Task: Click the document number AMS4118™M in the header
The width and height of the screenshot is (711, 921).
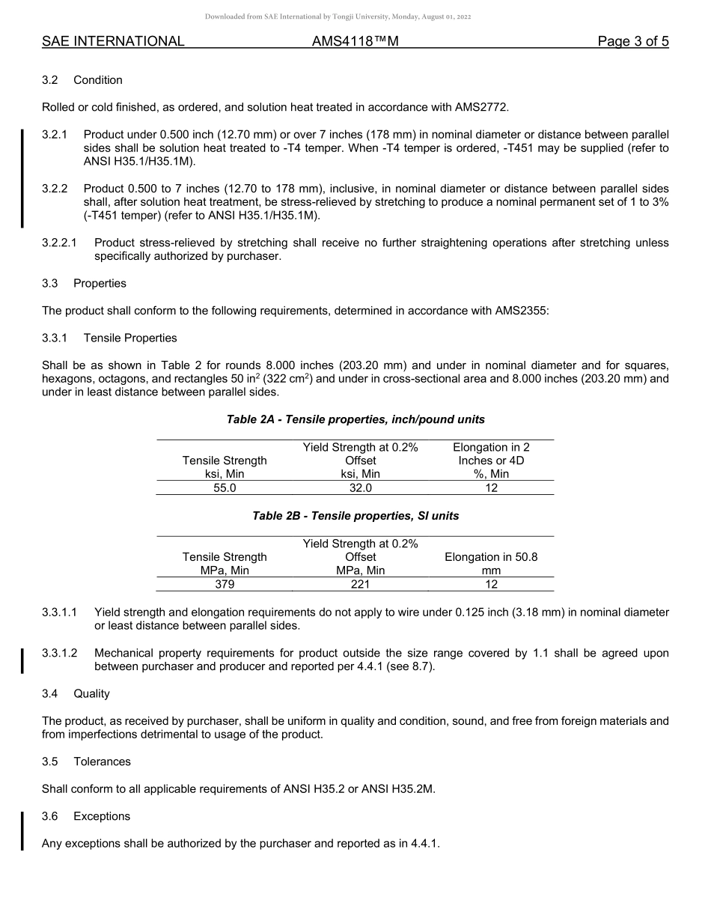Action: click(355, 42)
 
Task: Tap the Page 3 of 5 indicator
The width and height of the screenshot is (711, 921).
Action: click(632, 42)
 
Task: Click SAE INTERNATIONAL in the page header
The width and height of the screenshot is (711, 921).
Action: click(113, 42)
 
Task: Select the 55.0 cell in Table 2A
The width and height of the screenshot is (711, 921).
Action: click(225, 488)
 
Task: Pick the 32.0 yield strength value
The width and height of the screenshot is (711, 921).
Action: click(360, 488)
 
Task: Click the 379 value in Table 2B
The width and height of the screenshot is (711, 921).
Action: click(225, 585)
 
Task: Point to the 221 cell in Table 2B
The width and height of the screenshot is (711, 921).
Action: click(360, 585)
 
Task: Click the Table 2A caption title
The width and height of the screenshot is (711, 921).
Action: click(355, 420)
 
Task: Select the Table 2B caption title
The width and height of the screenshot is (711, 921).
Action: click(355, 517)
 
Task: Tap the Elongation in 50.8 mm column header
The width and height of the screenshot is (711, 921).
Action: click(491, 564)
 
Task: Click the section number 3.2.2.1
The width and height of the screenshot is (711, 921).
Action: click(61, 243)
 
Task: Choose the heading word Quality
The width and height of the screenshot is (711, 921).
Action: click(91, 694)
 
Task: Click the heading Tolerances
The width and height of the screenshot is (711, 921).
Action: click(102, 762)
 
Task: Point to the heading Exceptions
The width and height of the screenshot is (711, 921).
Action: click(102, 816)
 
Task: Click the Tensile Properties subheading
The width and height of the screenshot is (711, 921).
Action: click(130, 338)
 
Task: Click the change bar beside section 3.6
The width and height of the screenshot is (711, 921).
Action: click(22, 830)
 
